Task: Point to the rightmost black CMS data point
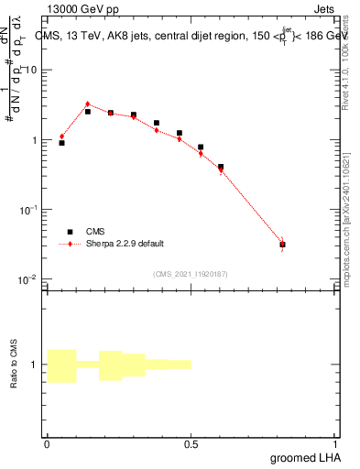tap(282, 245)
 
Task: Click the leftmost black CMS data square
tap(61, 143)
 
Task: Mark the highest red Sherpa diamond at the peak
tap(87, 104)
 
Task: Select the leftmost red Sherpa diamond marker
tap(61, 136)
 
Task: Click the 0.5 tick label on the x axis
tap(191, 443)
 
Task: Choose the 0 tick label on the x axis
tap(47, 443)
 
